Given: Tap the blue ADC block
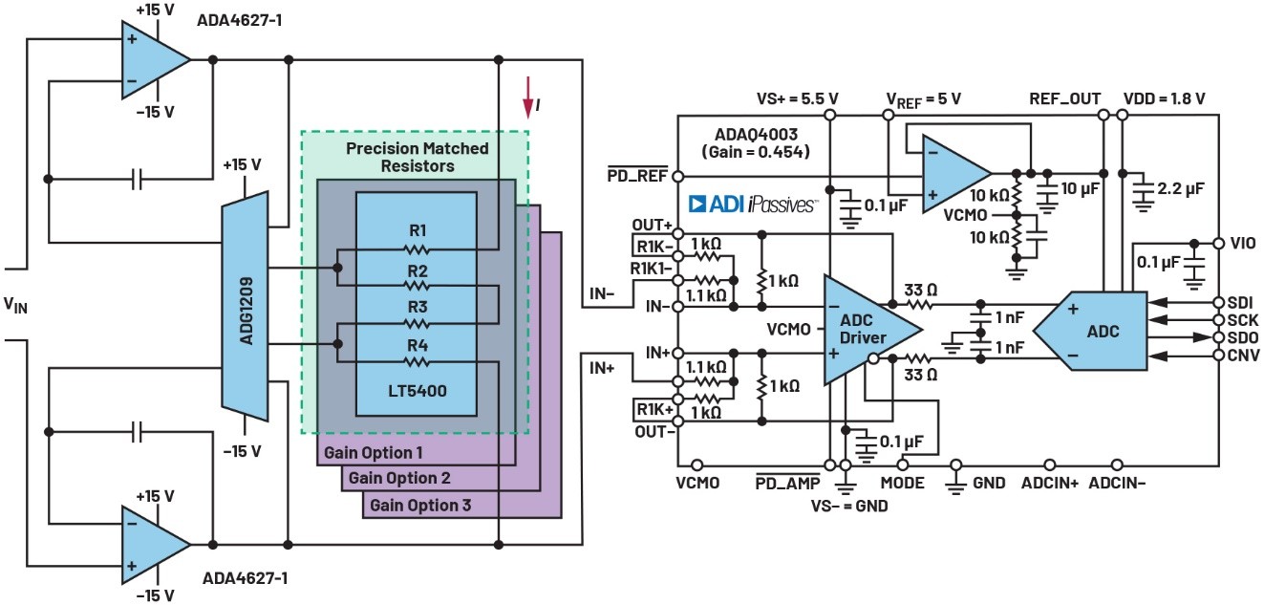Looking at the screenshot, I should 1099,331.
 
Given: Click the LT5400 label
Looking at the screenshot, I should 416,392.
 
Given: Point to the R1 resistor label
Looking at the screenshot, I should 416,229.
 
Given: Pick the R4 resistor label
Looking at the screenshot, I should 416,345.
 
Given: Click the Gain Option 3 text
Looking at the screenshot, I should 420,505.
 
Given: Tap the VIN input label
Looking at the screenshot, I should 16,305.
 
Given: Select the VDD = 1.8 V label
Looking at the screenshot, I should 1165,98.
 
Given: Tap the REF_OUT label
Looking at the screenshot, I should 1064,98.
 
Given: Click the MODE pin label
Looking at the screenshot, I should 902,484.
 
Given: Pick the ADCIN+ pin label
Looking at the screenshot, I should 1048,484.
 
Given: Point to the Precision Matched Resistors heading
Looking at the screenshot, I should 417,157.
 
